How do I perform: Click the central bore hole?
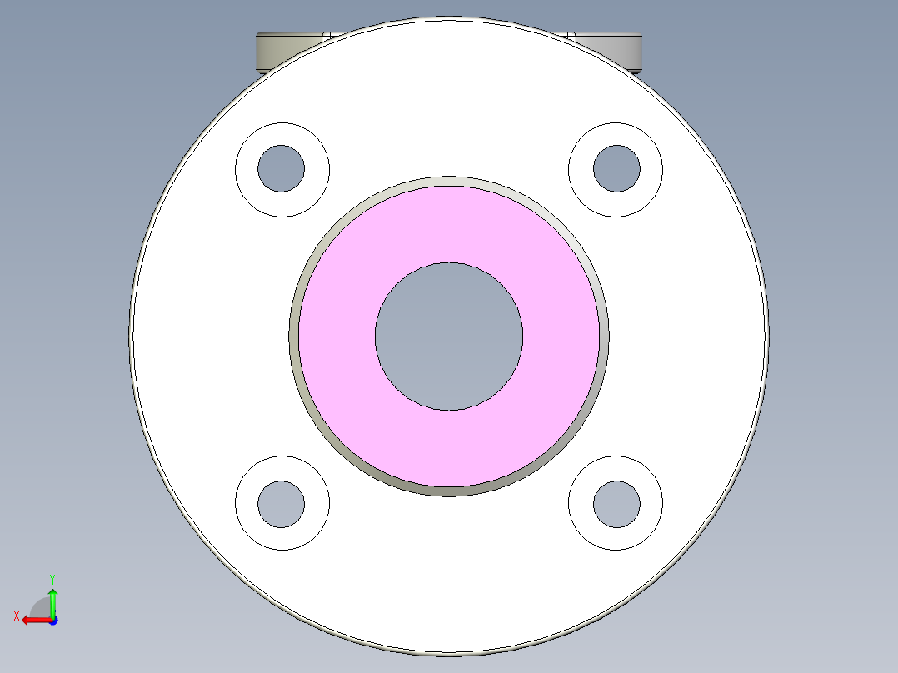point(449,336)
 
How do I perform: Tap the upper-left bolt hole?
point(282,169)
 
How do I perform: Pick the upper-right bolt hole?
point(616,168)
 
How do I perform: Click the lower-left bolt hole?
point(282,504)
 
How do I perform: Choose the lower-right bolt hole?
point(616,504)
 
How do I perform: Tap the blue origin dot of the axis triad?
point(52,621)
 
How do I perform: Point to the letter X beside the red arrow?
point(16,616)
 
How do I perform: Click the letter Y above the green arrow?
point(52,578)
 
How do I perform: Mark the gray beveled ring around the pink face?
point(449,491)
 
